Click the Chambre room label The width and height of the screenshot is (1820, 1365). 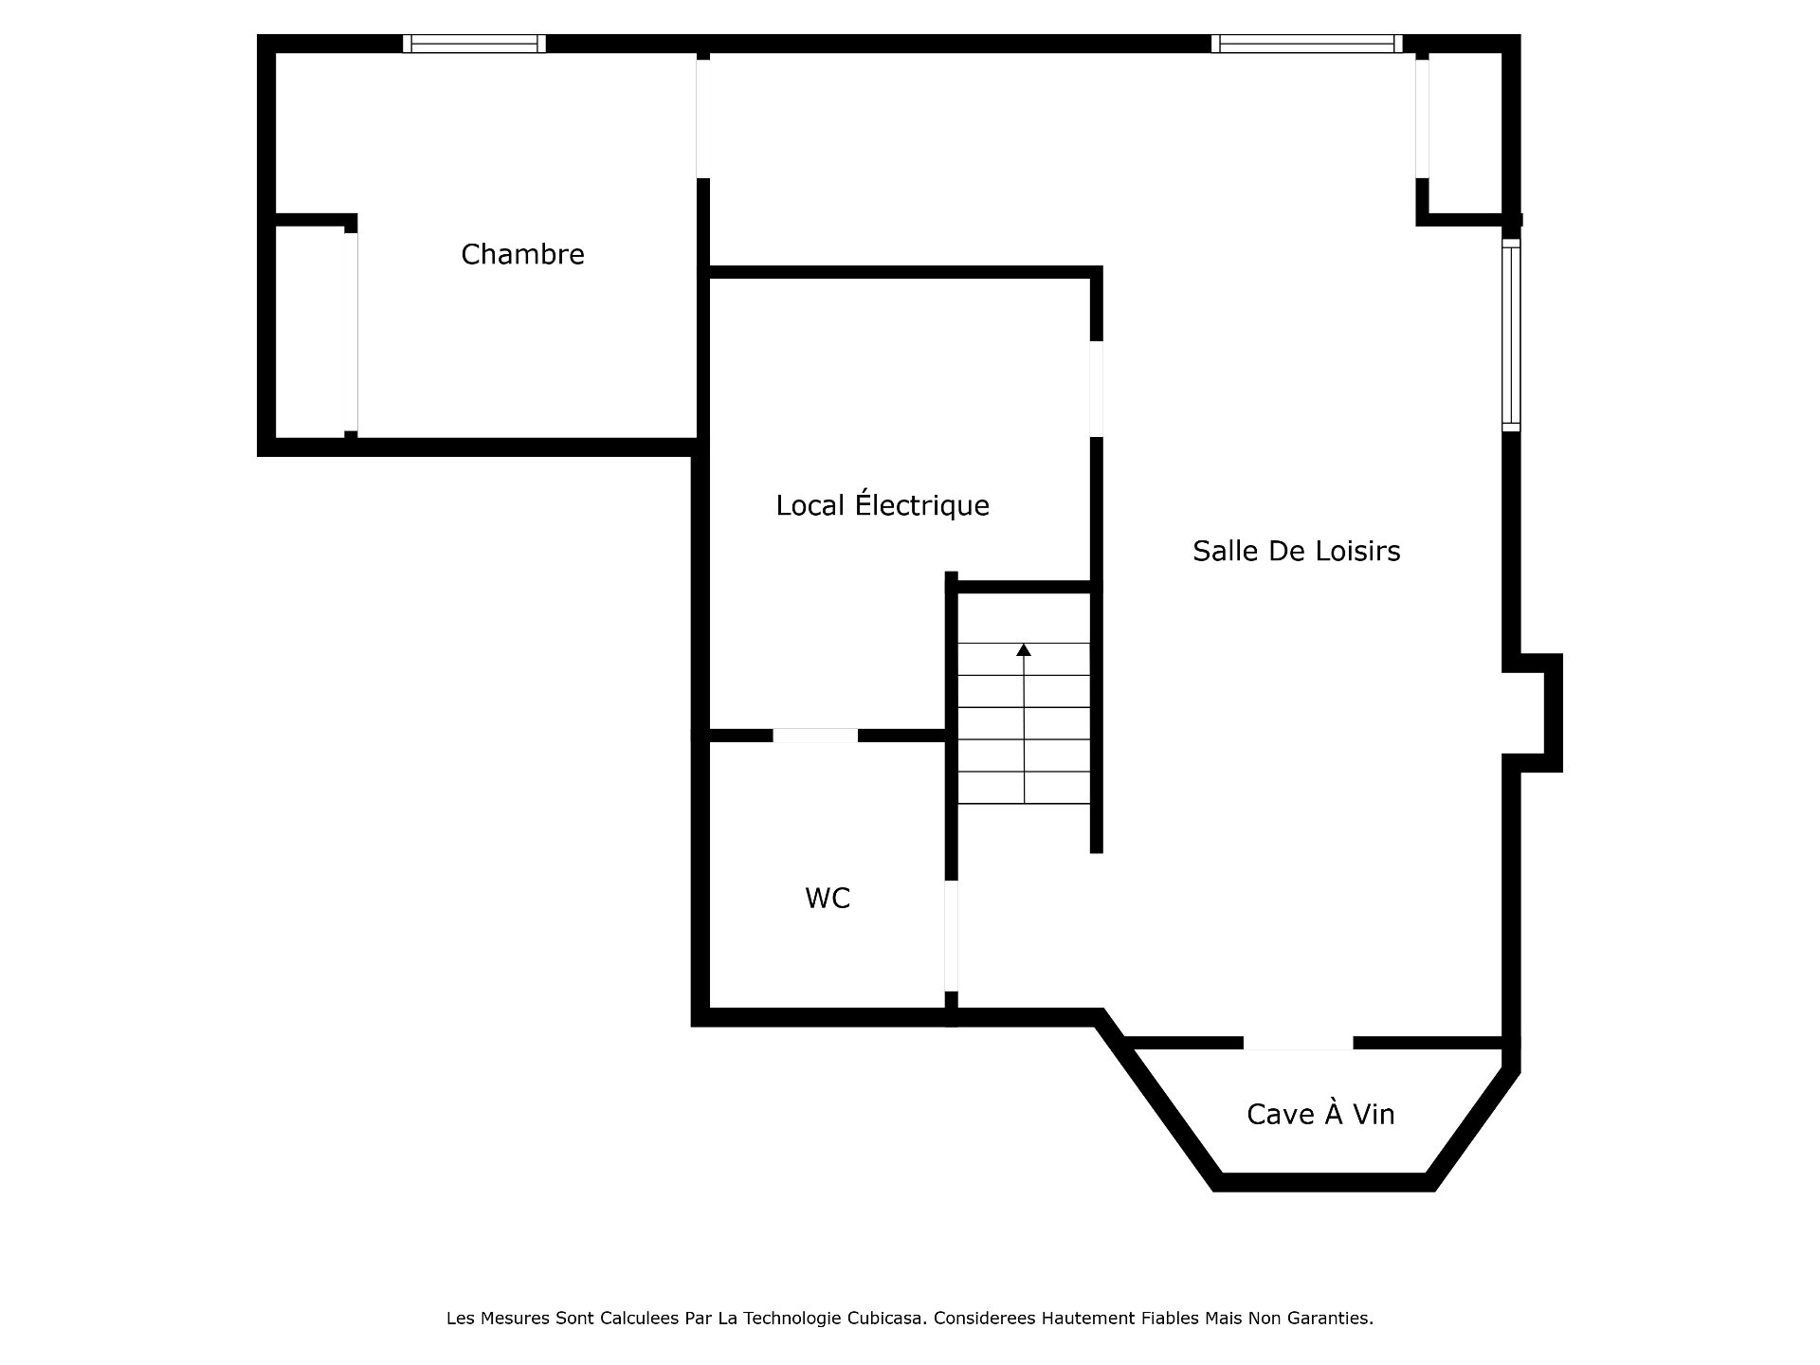pyautogui.click(x=522, y=254)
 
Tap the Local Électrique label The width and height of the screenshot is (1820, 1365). pyautogui.click(x=883, y=505)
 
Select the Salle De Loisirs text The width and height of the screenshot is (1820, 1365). pyautogui.click(x=1296, y=551)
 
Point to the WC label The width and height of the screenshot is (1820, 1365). pyautogui.click(x=828, y=898)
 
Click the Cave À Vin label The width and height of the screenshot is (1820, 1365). pyautogui.click(x=1320, y=1114)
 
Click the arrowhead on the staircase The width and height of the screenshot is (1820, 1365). pyautogui.click(x=1024, y=650)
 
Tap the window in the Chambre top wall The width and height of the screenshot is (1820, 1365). pyautogui.click(x=474, y=44)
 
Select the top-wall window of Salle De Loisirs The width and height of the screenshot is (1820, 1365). pyautogui.click(x=1306, y=44)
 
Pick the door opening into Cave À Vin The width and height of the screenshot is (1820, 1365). pyautogui.click(x=1298, y=1044)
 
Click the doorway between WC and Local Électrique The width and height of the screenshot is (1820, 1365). pyautogui.click(x=815, y=736)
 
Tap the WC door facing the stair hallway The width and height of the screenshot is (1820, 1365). pyautogui.click(x=951, y=936)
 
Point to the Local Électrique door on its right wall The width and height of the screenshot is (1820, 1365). pyautogui.click(x=1096, y=389)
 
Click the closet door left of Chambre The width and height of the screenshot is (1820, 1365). pyautogui.click(x=351, y=332)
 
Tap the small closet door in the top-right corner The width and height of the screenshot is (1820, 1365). pyautogui.click(x=1422, y=118)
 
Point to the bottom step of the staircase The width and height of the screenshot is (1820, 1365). pyautogui.click(x=1024, y=788)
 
